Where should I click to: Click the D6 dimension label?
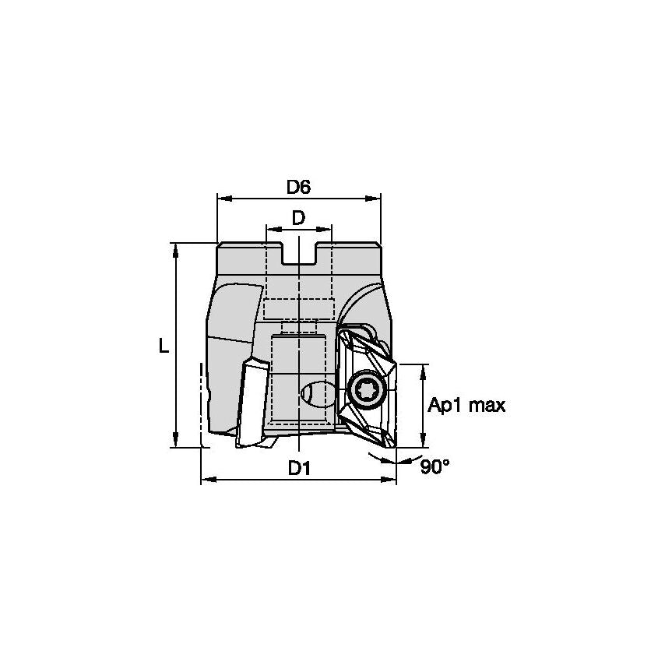298,187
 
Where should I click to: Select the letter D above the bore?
298,218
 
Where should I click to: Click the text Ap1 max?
467,405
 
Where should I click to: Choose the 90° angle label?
435,467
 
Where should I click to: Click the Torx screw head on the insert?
364,390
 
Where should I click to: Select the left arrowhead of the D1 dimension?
206,479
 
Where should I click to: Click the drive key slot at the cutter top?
299,255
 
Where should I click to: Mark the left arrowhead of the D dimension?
271,230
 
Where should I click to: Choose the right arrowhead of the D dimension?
327,230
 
